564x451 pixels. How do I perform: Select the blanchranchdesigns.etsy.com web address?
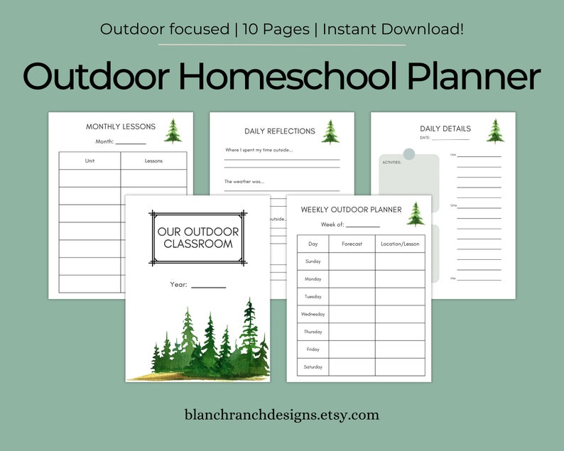[x=282, y=415]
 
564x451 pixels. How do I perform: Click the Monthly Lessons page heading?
[x=121, y=127]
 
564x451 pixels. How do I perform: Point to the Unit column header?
[x=90, y=161]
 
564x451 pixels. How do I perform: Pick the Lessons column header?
[x=153, y=161]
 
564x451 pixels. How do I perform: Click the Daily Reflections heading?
[x=280, y=131]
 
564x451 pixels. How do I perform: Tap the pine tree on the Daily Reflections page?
[x=330, y=132]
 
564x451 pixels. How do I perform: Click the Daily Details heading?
[x=445, y=129]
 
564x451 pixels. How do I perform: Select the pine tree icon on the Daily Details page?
[x=495, y=130]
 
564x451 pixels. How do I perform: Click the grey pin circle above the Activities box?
[x=409, y=154]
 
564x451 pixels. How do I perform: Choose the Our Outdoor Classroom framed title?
[x=198, y=238]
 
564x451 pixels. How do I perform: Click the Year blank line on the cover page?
[x=208, y=286]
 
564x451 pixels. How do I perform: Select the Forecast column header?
[x=352, y=244]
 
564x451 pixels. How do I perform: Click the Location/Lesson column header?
[x=400, y=244]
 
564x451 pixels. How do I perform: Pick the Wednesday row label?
[x=313, y=314]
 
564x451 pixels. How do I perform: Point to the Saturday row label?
[x=313, y=366]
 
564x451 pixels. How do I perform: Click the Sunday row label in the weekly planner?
[x=313, y=261]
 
